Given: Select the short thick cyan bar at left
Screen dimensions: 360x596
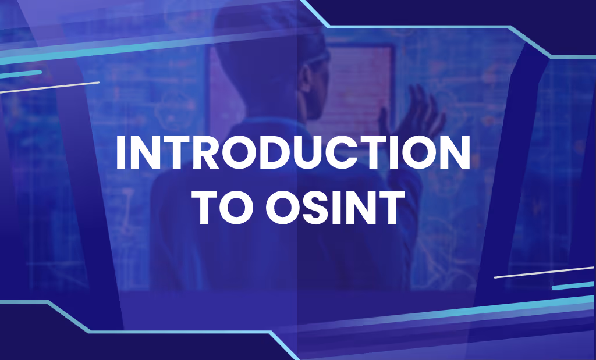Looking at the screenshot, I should click(x=21, y=73).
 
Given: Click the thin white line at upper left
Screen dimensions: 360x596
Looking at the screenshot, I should click(x=49, y=87).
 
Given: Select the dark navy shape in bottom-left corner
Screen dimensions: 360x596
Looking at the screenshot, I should click(x=35, y=337).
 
